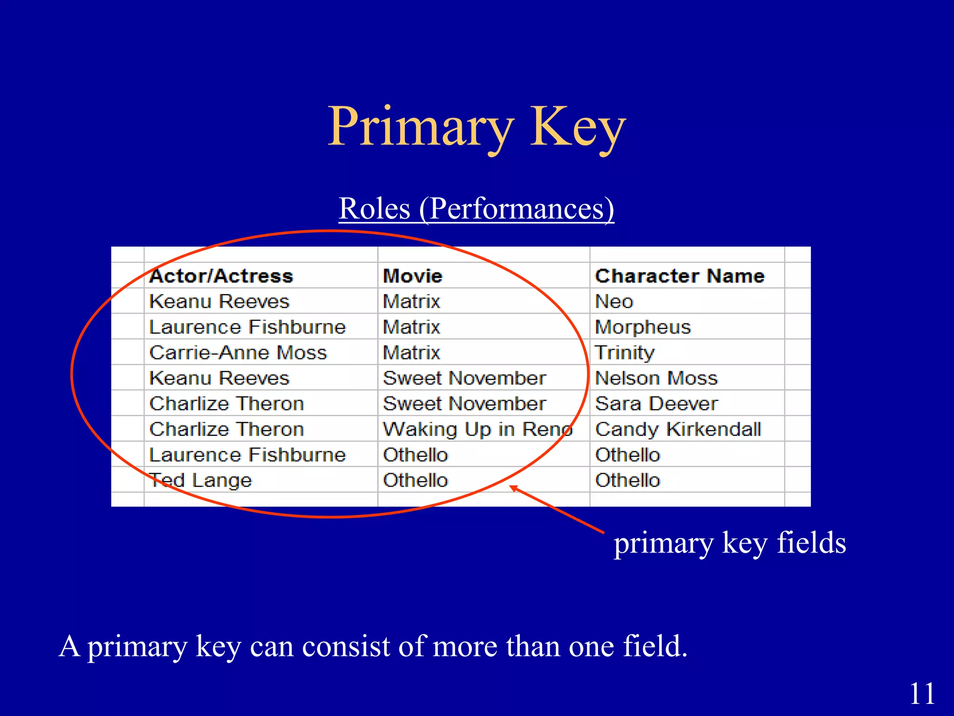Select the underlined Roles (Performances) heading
(x=476, y=208)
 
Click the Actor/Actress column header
(x=221, y=276)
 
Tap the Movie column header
(x=412, y=276)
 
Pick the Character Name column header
(x=680, y=276)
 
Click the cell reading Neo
(x=614, y=302)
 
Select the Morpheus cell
(x=643, y=327)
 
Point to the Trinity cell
(x=625, y=353)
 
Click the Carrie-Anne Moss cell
(x=238, y=353)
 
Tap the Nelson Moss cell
(x=656, y=378)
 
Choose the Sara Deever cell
(x=656, y=404)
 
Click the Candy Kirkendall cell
(x=678, y=429)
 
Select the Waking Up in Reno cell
(x=477, y=429)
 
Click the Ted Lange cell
(x=201, y=480)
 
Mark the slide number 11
(x=922, y=694)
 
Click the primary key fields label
(x=729, y=543)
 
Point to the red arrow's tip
(x=511, y=487)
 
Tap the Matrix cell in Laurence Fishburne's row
(x=411, y=327)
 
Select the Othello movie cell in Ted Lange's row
(x=415, y=480)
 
